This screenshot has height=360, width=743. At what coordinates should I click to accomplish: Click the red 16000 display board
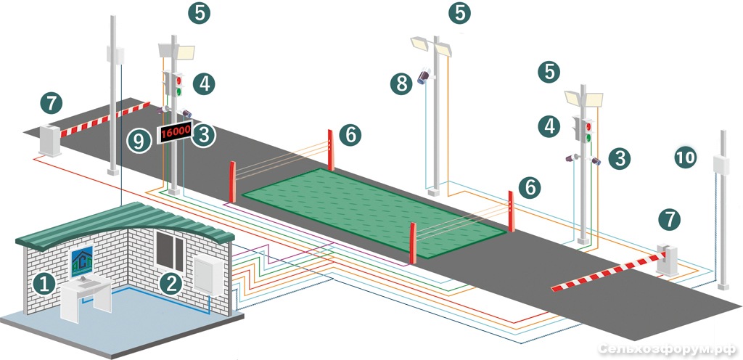[x=175, y=133]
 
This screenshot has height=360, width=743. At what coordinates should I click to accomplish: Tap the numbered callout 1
[x=44, y=285]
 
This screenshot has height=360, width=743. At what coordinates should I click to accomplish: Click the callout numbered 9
[x=139, y=141]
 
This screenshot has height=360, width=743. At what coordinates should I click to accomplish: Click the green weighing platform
[x=374, y=212]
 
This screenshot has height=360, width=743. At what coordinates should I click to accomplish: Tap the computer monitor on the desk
[x=81, y=262]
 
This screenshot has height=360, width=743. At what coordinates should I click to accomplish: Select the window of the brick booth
[x=170, y=251]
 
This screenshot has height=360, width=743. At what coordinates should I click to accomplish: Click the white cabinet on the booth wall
[x=208, y=275]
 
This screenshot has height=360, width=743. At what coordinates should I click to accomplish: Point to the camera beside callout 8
[x=424, y=75]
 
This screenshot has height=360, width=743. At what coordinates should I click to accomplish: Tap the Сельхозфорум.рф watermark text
[x=666, y=349]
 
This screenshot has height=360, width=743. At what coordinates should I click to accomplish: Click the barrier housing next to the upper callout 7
[x=50, y=139]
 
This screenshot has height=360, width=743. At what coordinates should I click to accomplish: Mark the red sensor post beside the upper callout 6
[x=331, y=150]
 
